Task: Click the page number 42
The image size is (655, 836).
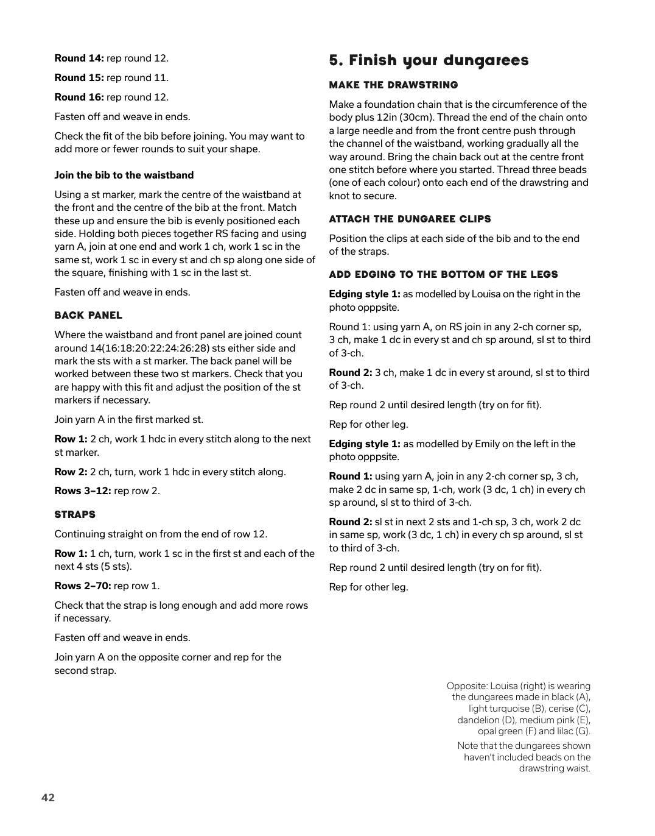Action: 48,798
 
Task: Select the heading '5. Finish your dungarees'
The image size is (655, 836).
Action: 429,60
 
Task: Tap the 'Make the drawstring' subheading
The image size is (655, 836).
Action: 393,85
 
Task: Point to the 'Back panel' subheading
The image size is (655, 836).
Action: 88,316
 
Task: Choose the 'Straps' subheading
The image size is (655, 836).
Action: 75,515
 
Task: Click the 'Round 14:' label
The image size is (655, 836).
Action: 79,58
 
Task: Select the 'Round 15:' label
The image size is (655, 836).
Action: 79,78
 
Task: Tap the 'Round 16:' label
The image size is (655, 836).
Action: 79,97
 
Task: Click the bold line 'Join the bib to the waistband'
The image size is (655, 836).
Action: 124,175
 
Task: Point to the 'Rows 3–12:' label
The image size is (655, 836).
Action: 83,491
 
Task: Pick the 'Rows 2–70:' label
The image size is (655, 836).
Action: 83,586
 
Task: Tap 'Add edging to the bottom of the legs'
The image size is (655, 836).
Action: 443,275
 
